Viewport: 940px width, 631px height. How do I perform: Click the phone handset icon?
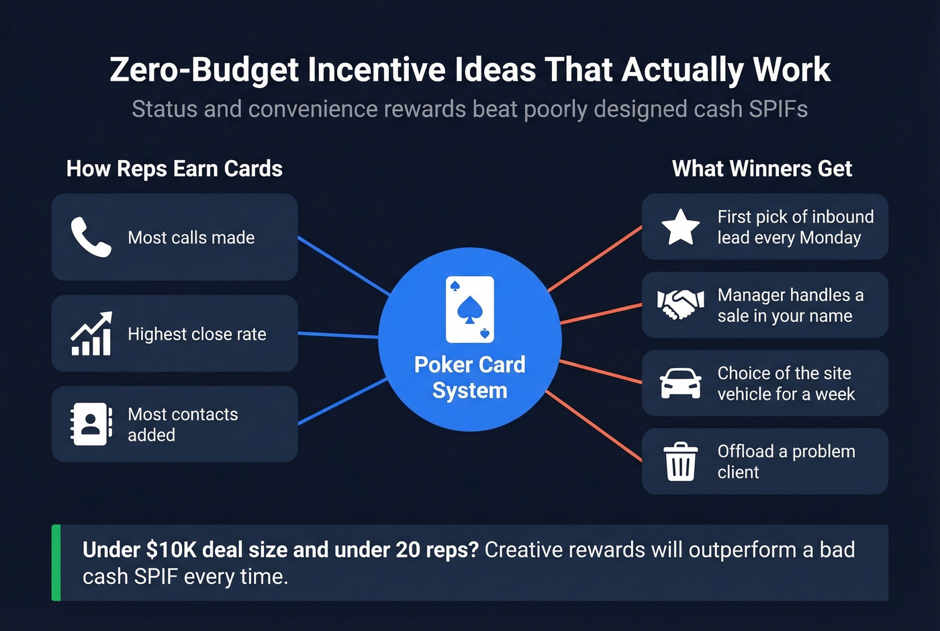pos(91,237)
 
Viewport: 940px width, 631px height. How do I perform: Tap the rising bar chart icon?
pos(91,333)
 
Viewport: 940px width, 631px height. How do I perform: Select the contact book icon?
pos(91,424)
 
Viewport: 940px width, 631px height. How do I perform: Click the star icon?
pos(680,226)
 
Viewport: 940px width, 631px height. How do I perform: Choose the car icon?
pos(680,383)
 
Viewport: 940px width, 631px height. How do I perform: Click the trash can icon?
pos(680,461)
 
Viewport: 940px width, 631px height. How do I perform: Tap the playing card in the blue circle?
pos(470,309)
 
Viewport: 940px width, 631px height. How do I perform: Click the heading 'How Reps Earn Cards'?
pos(175,169)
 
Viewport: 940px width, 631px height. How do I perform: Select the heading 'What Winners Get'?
pos(762,169)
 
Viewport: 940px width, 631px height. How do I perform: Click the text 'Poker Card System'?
pos(470,377)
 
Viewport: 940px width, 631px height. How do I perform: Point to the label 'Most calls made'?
pos(191,237)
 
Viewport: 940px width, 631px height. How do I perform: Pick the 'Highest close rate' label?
pos(197,334)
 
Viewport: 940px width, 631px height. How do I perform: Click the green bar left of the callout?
pos(56,562)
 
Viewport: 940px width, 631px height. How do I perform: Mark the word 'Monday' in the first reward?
pos(830,238)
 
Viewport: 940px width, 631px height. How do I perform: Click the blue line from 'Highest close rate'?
pos(338,335)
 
